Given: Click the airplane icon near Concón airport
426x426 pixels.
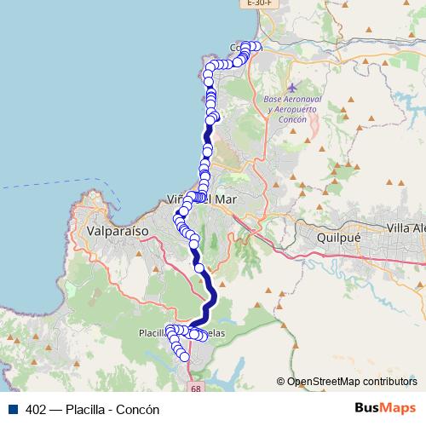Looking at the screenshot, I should [292, 88].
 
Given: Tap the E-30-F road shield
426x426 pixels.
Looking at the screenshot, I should [259, 3].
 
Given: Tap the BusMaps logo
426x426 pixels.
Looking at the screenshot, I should [382, 408].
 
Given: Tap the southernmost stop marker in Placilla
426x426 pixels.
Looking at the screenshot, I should [183, 357].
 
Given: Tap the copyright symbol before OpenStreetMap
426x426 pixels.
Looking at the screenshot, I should [281, 383].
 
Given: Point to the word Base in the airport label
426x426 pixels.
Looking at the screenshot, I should [250, 100].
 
